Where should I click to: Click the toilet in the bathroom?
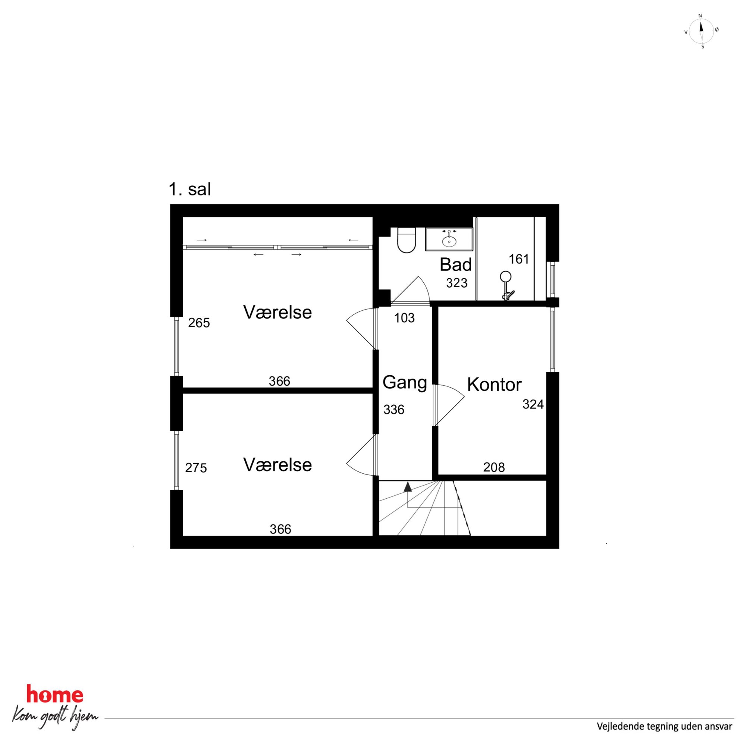point(406,240)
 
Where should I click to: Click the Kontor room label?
point(494,385)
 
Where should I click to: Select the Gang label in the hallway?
point(405,382)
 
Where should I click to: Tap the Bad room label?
point(455,264)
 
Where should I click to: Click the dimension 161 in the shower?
point(518,259)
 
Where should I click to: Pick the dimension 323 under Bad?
point(457,283)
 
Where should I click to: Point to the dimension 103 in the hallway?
point(404,317)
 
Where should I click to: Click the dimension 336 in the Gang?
point(394,410)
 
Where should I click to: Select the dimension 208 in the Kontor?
point(494,467)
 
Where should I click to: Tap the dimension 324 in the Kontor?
point(533,404)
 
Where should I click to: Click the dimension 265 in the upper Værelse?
point(199,323)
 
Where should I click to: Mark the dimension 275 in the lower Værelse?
point(196,468)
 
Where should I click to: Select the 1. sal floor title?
point(190,189)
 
